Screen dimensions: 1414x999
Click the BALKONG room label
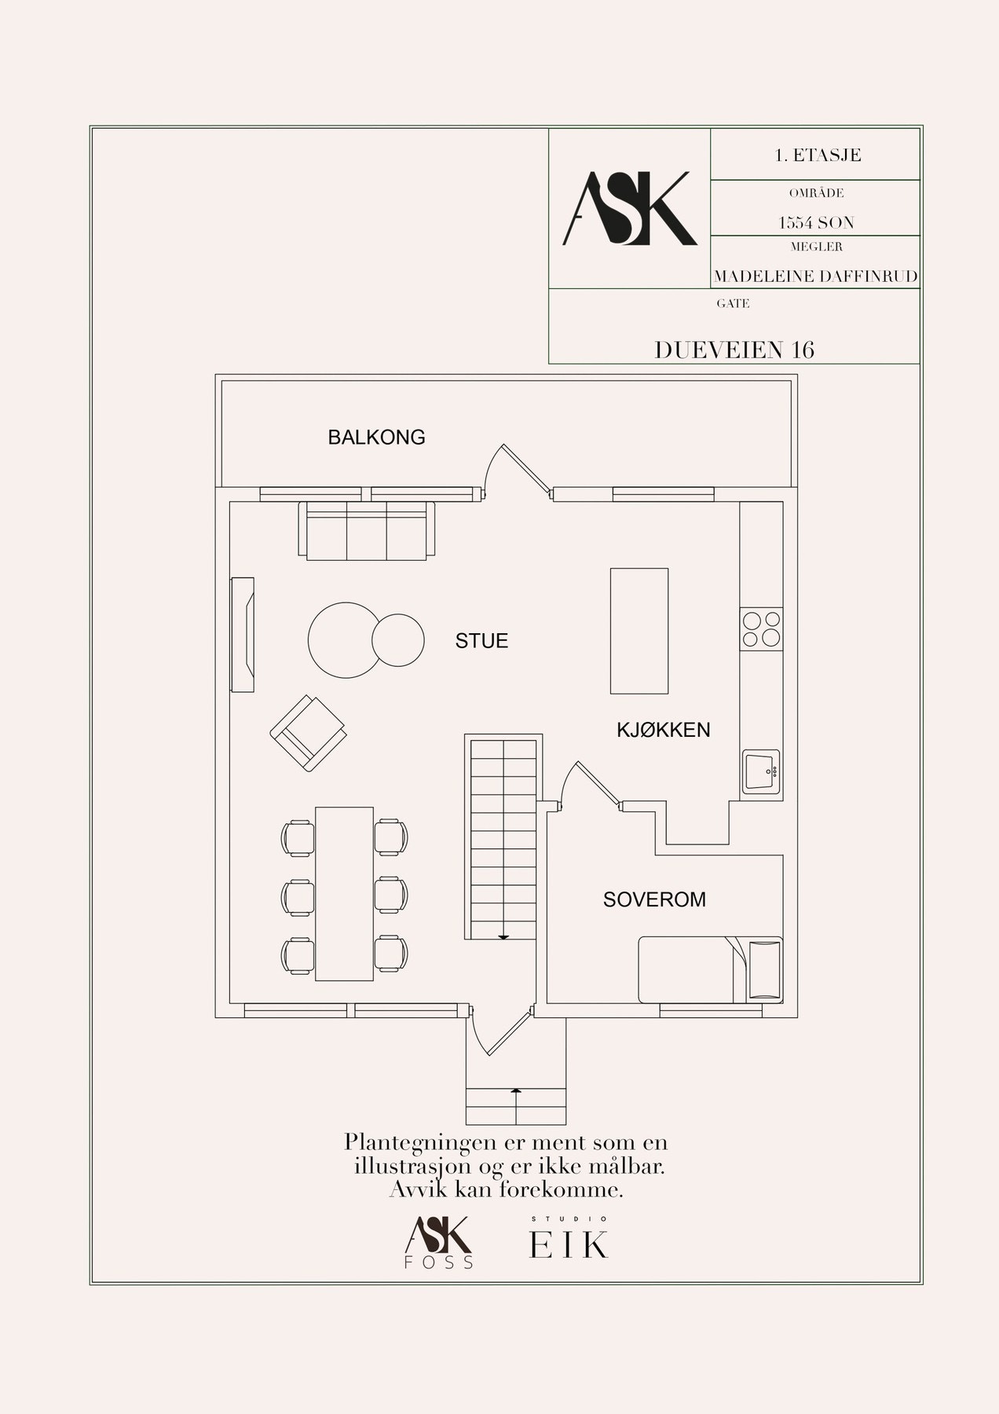(x=376, y=438)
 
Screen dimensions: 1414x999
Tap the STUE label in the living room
(x=481, y=641)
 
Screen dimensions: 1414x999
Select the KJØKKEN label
(x=663, y=730)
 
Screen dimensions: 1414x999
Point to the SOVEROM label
(x=654, y=899)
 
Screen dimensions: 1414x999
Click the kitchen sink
(x=761, y=771)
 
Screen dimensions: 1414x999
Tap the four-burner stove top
(x=761, y=628)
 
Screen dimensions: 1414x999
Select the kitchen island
(x=639, y=631)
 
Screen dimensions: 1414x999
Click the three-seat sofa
(x=366, y=530)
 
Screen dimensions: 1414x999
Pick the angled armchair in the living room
(x=308, y=733)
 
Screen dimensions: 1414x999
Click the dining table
(x=344, y=892)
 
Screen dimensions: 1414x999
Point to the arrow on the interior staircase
(x=503, y=936)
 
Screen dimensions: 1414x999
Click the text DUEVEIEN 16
(x=734, y=350)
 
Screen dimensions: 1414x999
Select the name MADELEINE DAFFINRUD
(x=815, y=277)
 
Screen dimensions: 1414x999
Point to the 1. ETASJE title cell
(x=817, y=156)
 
